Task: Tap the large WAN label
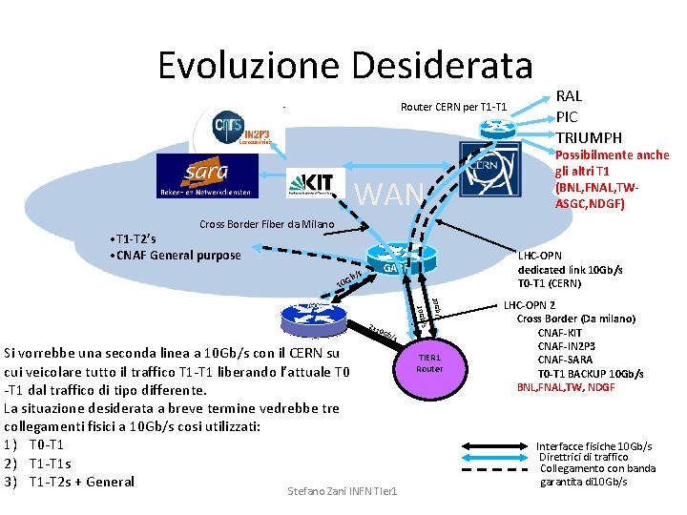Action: tap(389, 194)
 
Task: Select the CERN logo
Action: tap(490, 168)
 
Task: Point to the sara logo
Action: tap(206, 176)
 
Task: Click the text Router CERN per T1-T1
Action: tap(459, 105)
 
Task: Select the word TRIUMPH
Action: tap(589, 137)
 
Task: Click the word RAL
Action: tap(569, 95)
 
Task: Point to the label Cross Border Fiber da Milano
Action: tap(266, 225)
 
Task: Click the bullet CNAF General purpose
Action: tap(177, 255)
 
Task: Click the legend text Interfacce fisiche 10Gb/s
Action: tap(593, 446)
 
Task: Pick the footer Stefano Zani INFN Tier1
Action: tap(343, 491)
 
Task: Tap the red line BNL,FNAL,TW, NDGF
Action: tap(566, 387)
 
